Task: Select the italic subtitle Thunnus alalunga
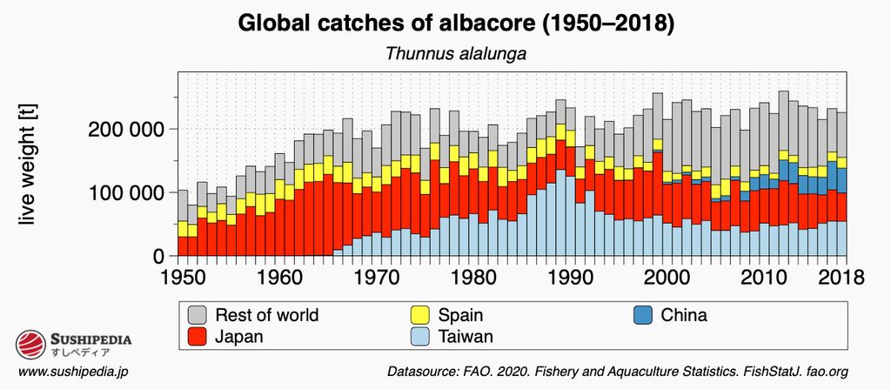456,54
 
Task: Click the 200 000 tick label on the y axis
126,129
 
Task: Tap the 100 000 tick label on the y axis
126,192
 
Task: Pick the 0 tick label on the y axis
158,256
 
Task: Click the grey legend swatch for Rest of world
198,315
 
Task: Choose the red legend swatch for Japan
198,336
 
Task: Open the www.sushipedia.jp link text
74,373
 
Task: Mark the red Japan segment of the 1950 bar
183,246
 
